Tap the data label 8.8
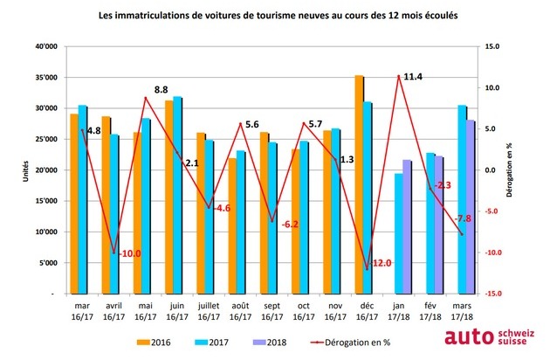pos(162,89)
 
